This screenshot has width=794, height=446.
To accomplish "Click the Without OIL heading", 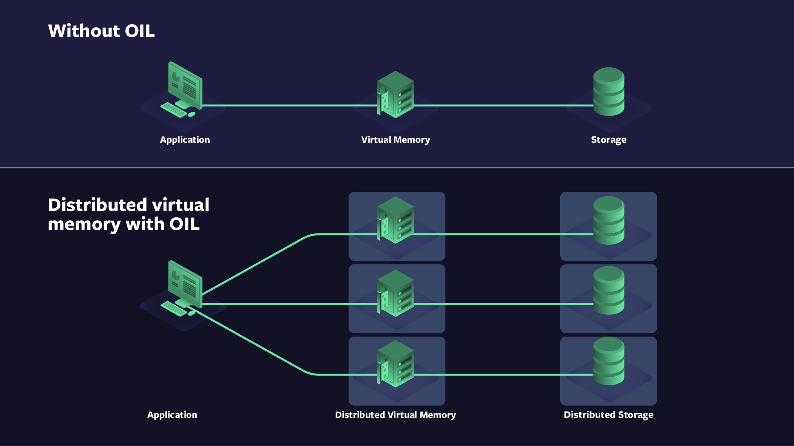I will click(101, 31).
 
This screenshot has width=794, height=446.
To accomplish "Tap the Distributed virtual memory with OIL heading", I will click(128, 214).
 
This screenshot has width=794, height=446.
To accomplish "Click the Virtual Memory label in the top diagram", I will click(395, 140).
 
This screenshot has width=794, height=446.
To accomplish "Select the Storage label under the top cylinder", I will click(608, 140).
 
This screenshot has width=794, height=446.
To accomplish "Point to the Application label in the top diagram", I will click(185, 140).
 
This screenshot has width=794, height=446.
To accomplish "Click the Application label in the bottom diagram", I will click(172, 415).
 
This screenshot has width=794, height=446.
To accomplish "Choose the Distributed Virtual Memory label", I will click(395, 415).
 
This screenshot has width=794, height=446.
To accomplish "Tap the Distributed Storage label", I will click(608, 415).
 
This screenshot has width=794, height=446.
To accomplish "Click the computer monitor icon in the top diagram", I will click(185, 85).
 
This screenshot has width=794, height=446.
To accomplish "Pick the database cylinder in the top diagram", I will click(609, 92).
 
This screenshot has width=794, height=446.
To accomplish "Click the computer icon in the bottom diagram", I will click(185, 284).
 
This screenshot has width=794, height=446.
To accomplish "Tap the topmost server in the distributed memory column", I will click(395, 220).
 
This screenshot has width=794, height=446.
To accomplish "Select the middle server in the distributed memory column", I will click(395, 293).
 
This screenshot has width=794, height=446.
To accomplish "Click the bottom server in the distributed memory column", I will click(395, 364).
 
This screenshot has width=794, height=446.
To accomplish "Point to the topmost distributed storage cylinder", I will click(609, 220).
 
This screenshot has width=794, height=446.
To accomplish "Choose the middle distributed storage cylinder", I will click(609, 290).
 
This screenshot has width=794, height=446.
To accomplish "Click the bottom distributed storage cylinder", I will click(609, 361).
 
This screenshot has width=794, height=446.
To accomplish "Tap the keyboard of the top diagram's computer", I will click(173, 110).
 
